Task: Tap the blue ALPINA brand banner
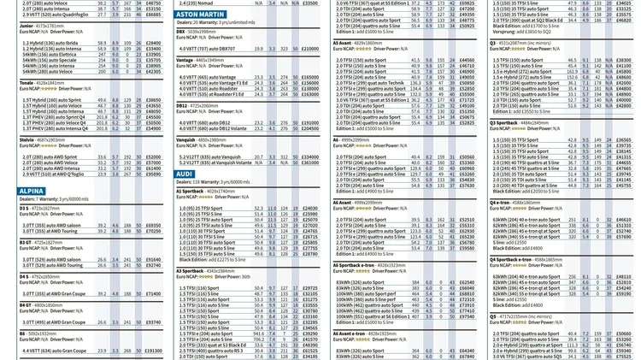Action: point(32,192)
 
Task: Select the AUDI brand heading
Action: point(185,174)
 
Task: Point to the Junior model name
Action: point(26,27)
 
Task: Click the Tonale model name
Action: point(27,82)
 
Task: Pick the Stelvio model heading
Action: point(27,139)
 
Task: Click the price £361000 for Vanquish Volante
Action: point(310,162)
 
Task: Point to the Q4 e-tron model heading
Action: point(503,203)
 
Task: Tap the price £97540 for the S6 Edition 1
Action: point(467,316)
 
